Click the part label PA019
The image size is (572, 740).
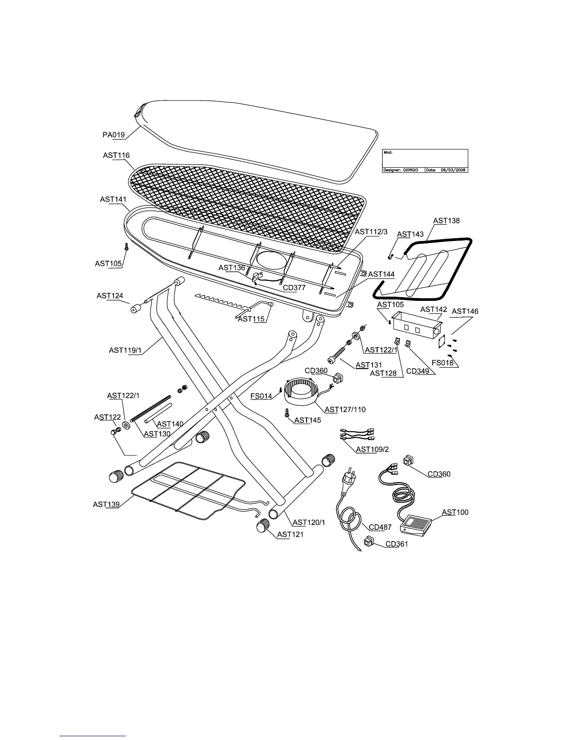(x=114, y=135)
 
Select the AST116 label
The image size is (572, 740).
(x=116, y=156)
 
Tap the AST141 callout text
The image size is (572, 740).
(x=113, y=199)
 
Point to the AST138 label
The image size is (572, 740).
(x=446, y=221)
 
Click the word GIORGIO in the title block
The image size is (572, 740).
(x=414, y=170)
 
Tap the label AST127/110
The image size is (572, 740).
(x=345, y=410)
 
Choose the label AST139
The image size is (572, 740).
(x=106, y=505)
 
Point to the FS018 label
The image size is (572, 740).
(x=442, y=362)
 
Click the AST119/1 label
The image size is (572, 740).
(x=125, y=350)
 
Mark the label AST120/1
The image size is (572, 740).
(x=308, y=522)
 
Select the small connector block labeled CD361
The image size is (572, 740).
(x=369, y=542)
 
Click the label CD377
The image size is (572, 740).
(x=294, y=288)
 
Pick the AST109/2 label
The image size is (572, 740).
(x=372, y=449)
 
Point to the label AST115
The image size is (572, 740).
(x=251, y=319)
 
